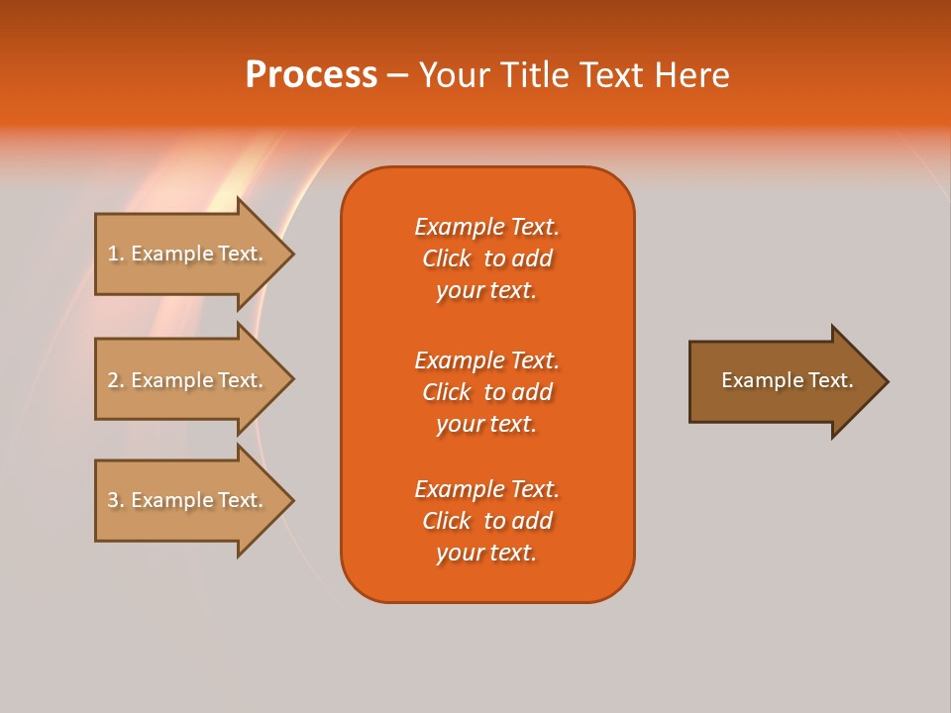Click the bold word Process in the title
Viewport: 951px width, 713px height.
point(311,74)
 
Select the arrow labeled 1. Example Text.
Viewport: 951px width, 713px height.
point(188,254)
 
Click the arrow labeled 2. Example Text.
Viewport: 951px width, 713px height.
point(188,380)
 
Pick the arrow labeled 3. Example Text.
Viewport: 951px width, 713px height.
point(188,500)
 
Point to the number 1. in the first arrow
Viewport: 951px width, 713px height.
point(116,254)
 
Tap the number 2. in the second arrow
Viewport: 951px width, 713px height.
point(116,380)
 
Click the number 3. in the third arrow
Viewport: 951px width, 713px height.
point(116,500)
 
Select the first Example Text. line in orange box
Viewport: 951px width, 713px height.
point(486,227)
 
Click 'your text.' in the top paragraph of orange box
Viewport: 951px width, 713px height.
point(486,290)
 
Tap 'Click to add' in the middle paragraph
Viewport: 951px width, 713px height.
point(486,392)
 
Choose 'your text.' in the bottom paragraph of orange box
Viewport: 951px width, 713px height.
point(486,553)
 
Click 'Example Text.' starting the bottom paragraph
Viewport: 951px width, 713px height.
point(486,489)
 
